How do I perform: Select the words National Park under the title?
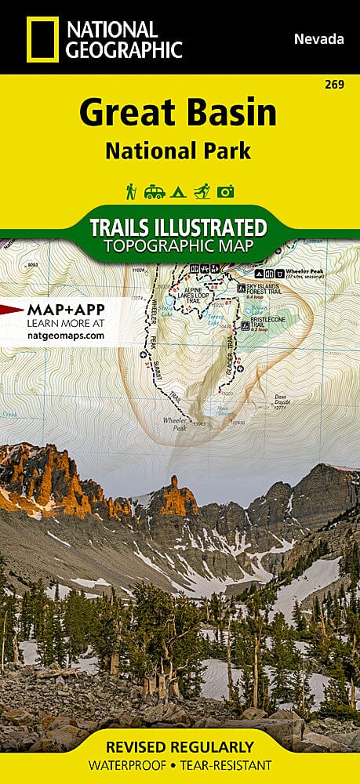(x=178, y=150)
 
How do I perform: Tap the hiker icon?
(x=131, y=191)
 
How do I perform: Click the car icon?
(x=154, y=191)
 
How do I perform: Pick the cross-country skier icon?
(x=202, y=191)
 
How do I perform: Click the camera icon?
(x=227, y=191)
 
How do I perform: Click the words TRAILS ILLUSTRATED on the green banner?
(x=178, y=228)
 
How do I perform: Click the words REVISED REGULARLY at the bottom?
(x=180, y=746)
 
